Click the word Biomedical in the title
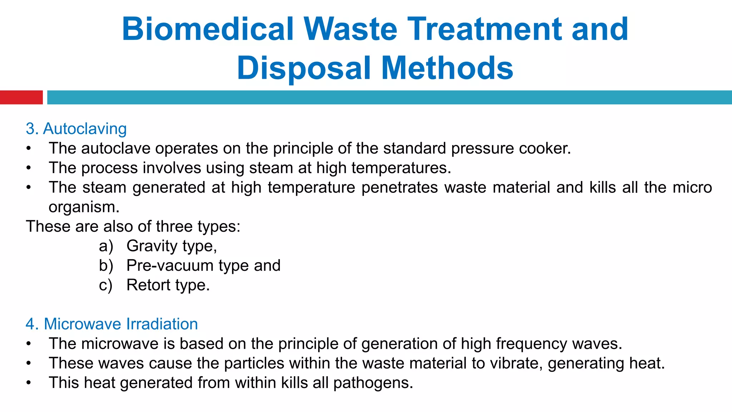click(x=208, y=29)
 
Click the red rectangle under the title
click(x=21, y=97)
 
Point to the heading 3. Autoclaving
click(x=76, y=129)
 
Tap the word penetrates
click(x=400, y=187)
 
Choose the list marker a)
click(x=106, y=246)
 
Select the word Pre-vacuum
click(x=169, y=266)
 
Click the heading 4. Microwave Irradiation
click(x=112, y=324)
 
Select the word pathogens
click(x=373, y=383)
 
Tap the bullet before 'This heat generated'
click(x=29, y=383)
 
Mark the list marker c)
click(x=105, y=285)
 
